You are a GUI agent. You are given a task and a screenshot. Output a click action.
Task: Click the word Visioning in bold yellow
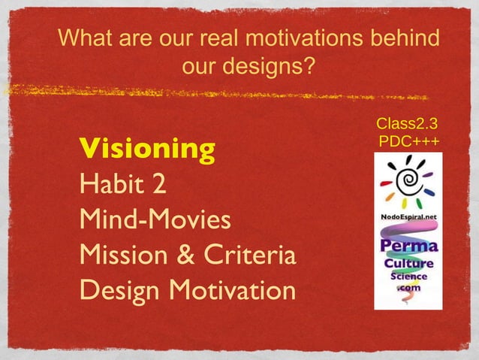147,149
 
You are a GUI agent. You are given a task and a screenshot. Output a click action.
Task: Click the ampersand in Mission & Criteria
184,255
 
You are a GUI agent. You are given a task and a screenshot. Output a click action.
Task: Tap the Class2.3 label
408,123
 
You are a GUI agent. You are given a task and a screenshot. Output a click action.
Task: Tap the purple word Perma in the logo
408,247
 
